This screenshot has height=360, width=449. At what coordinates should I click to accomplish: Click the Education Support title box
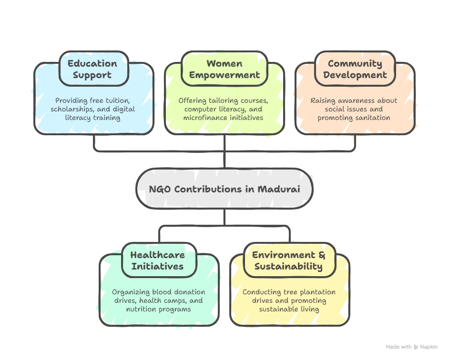pos(92,69)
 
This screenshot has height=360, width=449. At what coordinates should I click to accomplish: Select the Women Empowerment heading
pos(224,69)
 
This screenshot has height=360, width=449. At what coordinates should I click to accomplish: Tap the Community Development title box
pos(355,69)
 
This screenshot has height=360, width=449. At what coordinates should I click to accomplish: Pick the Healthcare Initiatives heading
pos(158,260)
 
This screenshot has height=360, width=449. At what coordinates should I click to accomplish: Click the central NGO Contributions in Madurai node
pos(224,189)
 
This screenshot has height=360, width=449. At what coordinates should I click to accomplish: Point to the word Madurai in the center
pos(279,189)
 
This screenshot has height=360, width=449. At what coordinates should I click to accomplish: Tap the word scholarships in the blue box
pos(71,109)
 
